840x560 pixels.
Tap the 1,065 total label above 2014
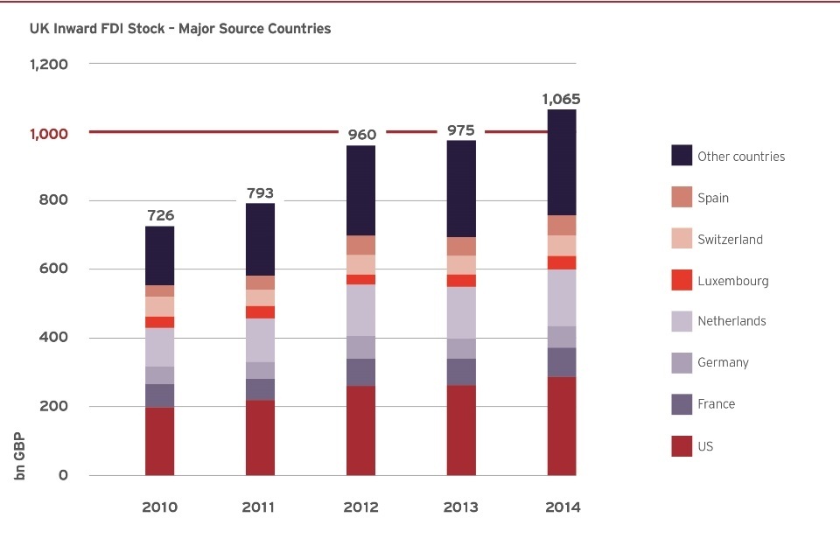561,99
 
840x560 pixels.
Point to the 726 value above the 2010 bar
159,215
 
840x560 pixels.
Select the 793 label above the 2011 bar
260,192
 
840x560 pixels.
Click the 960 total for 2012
361,135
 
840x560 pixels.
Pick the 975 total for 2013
461,130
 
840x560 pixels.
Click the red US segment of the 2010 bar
159,441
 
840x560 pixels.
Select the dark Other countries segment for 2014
562,162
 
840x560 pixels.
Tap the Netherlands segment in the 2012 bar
360,310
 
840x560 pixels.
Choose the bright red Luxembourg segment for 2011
260,312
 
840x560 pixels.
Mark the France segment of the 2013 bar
461,372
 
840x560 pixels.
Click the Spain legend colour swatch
682,198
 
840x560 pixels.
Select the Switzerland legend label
730,240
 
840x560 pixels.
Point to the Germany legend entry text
723,362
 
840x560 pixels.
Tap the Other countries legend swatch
682,156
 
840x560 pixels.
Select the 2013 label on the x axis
461,507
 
